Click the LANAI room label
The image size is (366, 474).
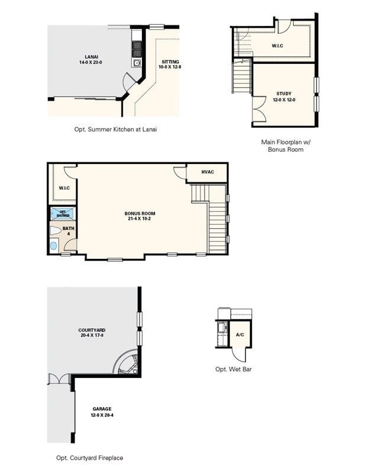(x=90, y=59)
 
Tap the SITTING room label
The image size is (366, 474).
(x=170, y=64)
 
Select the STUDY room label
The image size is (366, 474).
(x=284, y=97)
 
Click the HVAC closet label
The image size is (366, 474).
(x=207, y=172)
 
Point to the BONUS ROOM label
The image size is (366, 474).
(x=140, y=216)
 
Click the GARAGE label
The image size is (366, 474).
(x=102, y=412)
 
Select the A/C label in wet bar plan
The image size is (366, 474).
(x=240, y=335)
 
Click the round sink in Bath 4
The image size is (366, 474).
(x=54, y=245)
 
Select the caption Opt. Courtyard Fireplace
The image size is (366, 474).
(x=90, y=457)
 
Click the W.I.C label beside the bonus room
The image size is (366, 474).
(x=64, y=188)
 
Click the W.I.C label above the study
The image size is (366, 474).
(x=278, y=46)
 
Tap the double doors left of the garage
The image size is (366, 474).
(x=57, y=379)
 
